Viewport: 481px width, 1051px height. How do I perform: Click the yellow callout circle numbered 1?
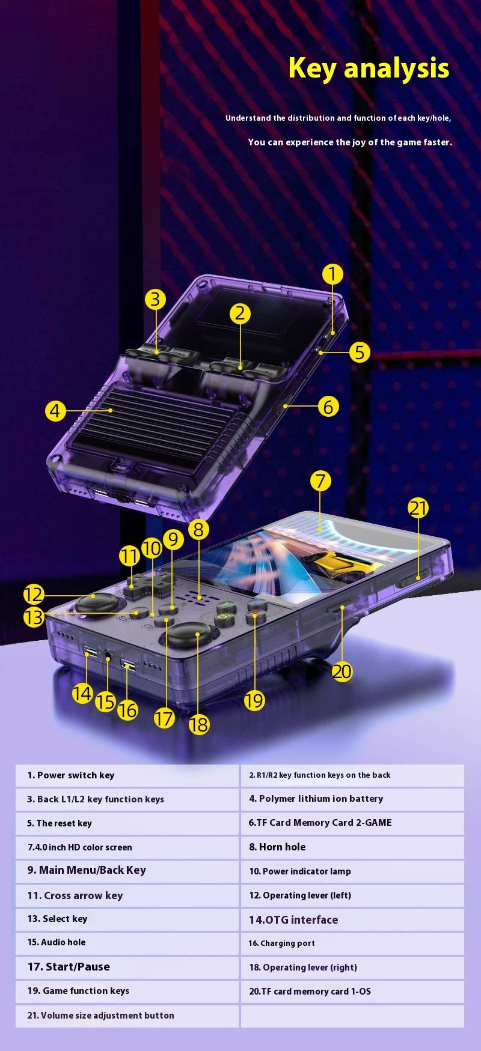tap(332, 274)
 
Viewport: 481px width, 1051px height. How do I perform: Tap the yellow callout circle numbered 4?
tap(55, 411)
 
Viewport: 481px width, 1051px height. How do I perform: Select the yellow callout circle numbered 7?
tap(320, 480)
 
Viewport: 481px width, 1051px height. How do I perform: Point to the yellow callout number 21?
tap(418, 508)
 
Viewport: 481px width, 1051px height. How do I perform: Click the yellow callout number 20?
tap(342, 671)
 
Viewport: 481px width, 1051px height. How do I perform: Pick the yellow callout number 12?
tap(34, 595)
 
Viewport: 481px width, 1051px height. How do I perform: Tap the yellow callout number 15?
tap(105, 701)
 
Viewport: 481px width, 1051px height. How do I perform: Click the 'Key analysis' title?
tap(369, 68)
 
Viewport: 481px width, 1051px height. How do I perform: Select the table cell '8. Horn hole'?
tap(352, 847)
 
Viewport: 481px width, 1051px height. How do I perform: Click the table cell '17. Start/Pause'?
tap(127, 967)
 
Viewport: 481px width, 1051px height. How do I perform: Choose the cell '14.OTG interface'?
tap(352, 919)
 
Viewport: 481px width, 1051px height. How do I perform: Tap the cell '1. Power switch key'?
tap(127, 775)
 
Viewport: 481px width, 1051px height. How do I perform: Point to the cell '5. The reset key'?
tap(127, 823)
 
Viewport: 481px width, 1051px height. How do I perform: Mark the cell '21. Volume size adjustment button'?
tap(127, 1016)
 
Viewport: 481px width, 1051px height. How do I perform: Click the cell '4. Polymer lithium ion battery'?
tap(352, 799)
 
